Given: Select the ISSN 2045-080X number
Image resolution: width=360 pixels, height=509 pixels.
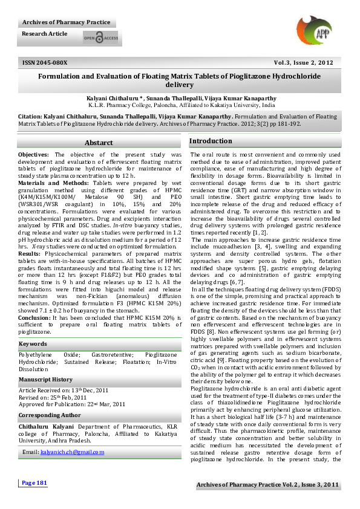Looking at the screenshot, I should tap(45, 62).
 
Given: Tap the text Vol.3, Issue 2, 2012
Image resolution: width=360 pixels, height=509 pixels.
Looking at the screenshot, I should tap(303, 62).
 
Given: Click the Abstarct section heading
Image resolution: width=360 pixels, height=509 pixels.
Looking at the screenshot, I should tap(99, 143).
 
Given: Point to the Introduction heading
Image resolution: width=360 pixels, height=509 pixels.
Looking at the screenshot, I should tap(211, 141).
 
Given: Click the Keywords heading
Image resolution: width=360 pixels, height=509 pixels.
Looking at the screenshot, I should tap(33, 344).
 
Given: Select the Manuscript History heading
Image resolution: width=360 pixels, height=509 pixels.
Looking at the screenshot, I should tap(45, 379).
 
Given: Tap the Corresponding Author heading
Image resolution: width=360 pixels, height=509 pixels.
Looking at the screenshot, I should tap(48, 415).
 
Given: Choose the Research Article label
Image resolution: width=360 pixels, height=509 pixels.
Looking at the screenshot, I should tap(45, 34).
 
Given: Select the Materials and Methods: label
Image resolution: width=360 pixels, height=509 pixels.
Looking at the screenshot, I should tap(53, 181).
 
